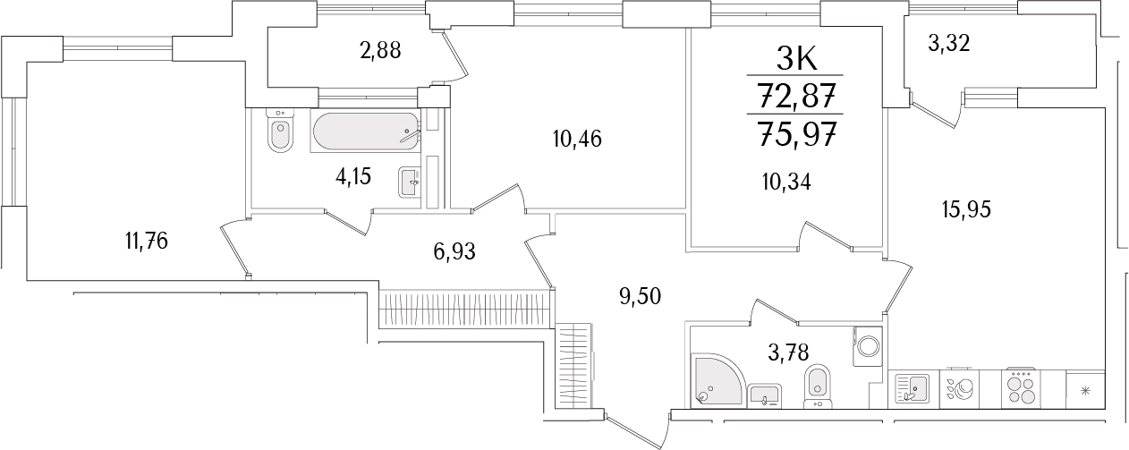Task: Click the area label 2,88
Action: click(380, 50)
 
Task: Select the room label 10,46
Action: click(577, 139)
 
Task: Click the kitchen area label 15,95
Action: click(966, 209)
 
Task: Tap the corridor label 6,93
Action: click(454, 252)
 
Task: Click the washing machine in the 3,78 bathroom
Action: click(869, 344)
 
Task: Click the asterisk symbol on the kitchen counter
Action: click(1086, 390)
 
